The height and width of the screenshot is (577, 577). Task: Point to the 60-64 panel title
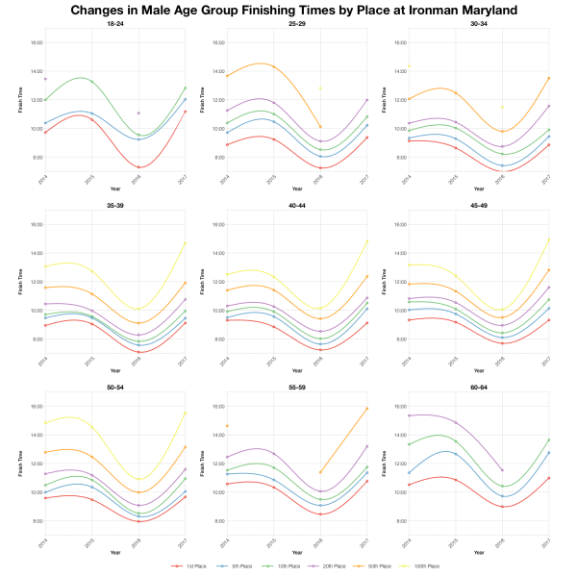pyautogui.click(x=478, y=387)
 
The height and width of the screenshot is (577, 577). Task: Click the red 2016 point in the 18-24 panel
pyautogui.click(x=139, y=167)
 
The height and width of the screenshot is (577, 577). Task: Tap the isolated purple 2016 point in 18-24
pyautogui.click(x=139, y=113)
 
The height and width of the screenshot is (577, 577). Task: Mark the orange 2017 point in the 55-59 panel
pyautogui.click(x=366, y=409)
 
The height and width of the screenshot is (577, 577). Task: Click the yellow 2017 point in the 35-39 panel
pyautogui.click(x=185, y=242)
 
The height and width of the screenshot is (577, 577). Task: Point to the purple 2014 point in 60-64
pyautogui.click(x=409, y=415)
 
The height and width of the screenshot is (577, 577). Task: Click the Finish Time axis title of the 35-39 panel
pyautogui.click(x=18, y=287)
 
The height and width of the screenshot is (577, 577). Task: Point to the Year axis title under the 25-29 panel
pyautogui.click(x=296, y=189)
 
